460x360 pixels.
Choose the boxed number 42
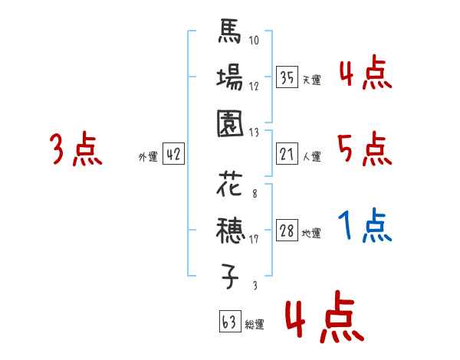[x=173, y=154]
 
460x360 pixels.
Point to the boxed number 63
[x=228, y=322]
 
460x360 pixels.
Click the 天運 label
[x=311, y=79]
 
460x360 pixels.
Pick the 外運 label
[x=147, y=156]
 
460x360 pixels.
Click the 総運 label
[x=255, y=324]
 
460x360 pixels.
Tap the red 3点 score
[x=76, y=148]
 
